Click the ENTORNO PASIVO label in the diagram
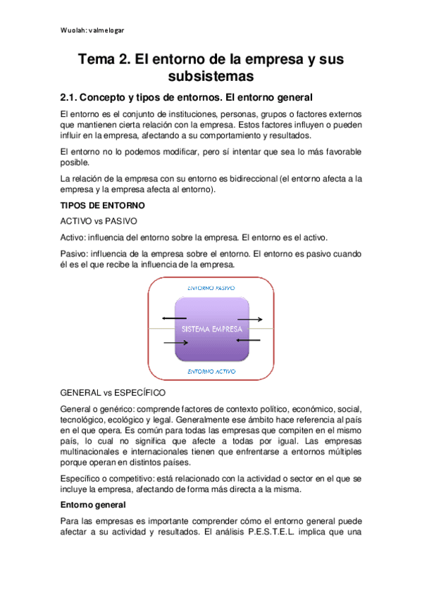pos(211,289)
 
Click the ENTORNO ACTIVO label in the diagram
pos(211,371)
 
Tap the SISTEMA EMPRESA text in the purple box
pos(211,329)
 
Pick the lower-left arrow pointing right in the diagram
pos(176,343)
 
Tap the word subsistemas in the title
pos(211,75)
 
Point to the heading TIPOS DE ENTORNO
pos(103,206)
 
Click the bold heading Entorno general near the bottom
pos(92,505)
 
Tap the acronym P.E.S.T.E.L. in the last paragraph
pos(276,532)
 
